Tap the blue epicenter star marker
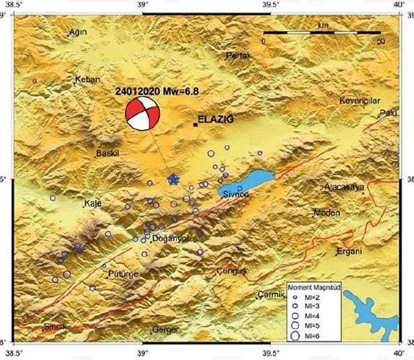click(173, 179)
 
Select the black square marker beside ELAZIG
click(196, 124)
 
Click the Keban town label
click(87, 79)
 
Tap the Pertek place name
click(239, 55)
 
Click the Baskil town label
click(108, 152)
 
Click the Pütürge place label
click(123, 275)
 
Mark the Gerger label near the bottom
click(165, 329)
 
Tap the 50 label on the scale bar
click(381, 41)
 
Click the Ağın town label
click(79, 32)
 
